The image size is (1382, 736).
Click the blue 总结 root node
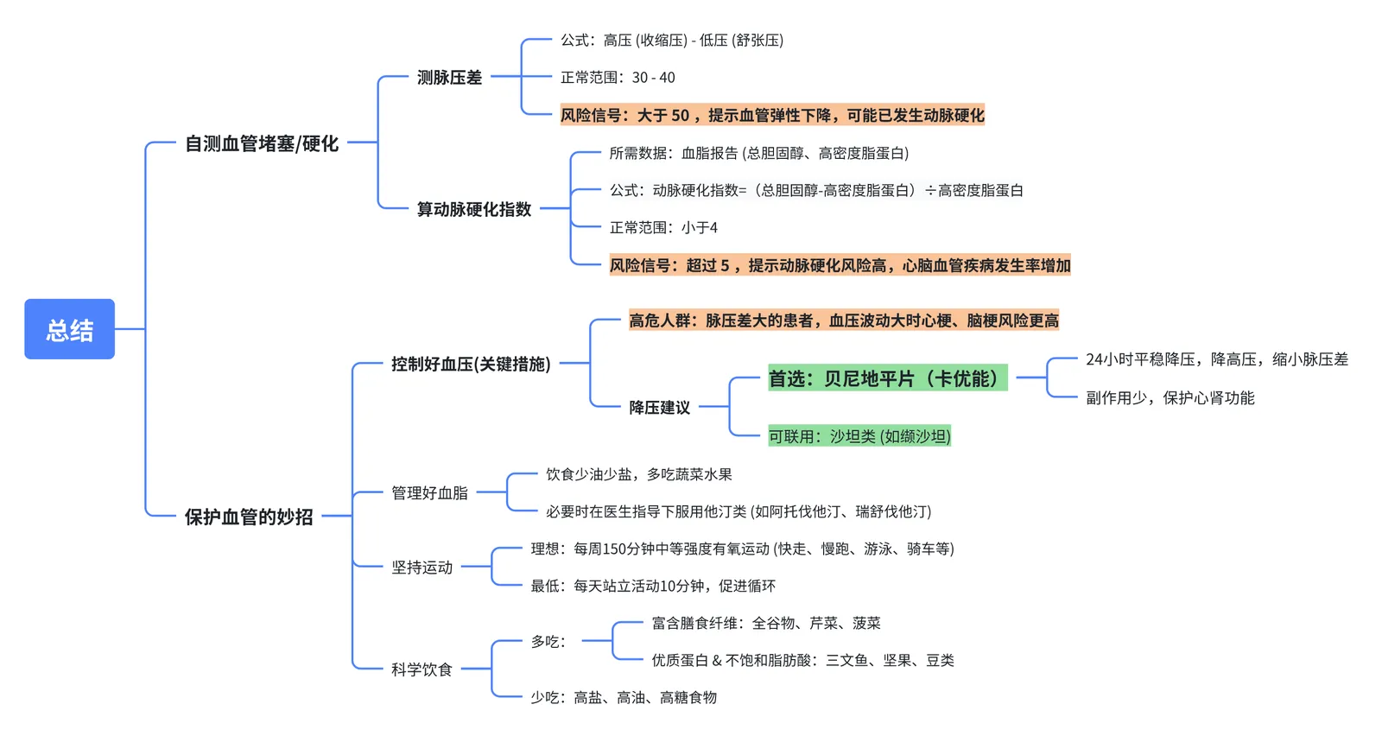tap(69, 329)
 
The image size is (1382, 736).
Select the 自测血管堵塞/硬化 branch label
tap(261, 143)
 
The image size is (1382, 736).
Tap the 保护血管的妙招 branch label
tap(248, 517)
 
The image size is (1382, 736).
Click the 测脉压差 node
tap(449, 78)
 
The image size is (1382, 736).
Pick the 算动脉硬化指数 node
tap(473, 209)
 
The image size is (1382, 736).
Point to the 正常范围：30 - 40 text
tap(618, 78)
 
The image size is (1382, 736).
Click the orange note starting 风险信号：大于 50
tap(772, 115)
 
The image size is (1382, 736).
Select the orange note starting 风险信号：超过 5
tap(840, 265)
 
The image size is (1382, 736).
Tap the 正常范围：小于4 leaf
tap(663, 228)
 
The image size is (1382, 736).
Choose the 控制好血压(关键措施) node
tap(471, 365)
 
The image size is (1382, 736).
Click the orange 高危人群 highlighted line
tap(843, 320)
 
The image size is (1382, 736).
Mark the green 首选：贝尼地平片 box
tap(887, 378)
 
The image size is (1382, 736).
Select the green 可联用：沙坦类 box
tap(859, 436)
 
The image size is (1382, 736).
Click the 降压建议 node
tap(659, 407)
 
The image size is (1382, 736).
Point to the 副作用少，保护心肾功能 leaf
tap(1170, 398)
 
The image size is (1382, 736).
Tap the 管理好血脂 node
tap(429, 492)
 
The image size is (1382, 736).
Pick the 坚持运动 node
tap(422, 568)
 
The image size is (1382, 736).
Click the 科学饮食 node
tap(422, 669)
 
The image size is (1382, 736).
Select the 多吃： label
tap(548, 642)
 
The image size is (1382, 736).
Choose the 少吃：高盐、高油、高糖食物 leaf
tap(624, 698)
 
